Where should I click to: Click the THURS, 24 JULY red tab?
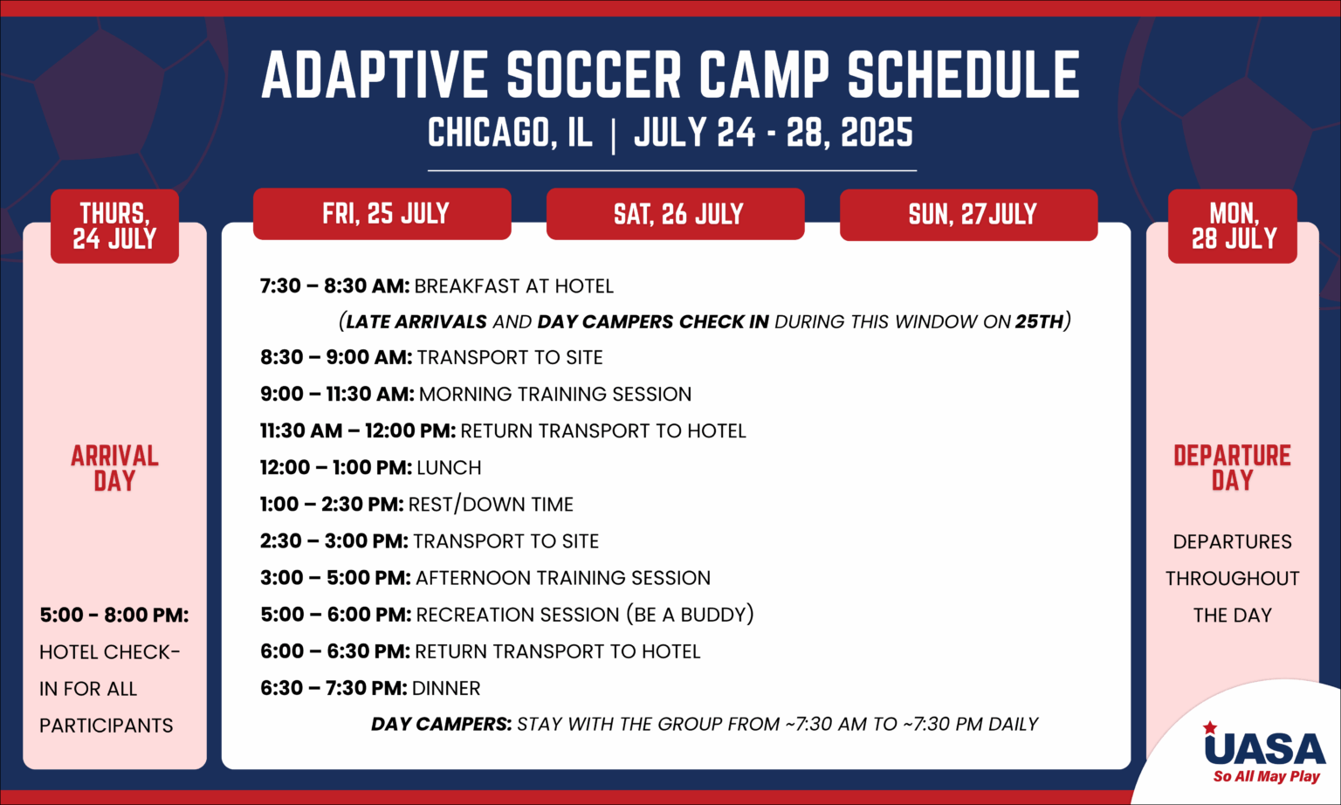click(x=114, y=226)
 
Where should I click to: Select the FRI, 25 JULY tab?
click(x=382, y=214)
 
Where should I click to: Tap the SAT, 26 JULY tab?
click(x=675, y=214)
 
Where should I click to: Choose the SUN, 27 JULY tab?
click(x=968, y=215)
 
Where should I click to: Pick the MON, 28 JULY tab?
click(x=1233, y=226)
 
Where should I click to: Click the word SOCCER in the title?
click(x=594, y=74)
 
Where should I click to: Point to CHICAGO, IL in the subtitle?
click(x=510, y=132)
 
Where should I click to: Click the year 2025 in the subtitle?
click(x=877, y=132)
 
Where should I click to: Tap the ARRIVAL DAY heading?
click(x=114, y=468)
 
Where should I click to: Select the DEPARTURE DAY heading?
click(x=1232, y=468)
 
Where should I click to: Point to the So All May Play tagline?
click(x=1266, y=777)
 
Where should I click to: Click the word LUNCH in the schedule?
click(x=449, y=467)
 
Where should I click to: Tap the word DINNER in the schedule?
click(x=446, y=688)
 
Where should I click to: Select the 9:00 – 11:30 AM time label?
click(x=337, y=394)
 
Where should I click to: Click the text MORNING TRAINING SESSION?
click(x=555, y=394)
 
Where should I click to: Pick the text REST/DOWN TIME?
click(x=491, y=505)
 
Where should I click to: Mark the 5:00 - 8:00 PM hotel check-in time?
click(x=114, y=615)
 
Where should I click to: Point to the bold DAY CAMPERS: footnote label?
click(x=441, y=724)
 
